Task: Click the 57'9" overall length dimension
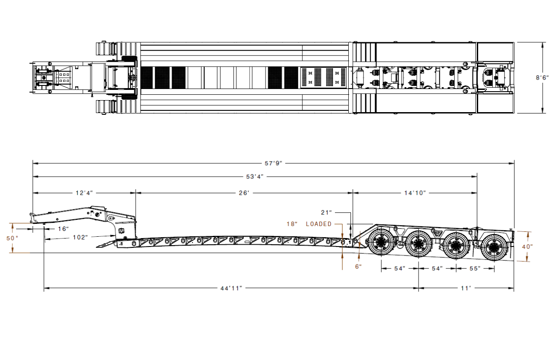click(274, 163)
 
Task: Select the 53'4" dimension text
click(255, 177)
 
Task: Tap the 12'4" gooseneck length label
click(84, 193)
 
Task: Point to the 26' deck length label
click(244, 193)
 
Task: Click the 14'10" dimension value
click(415, 193)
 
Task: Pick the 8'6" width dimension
click(542, 78)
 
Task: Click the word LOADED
click(319, 224)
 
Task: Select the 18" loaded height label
click(292, 224)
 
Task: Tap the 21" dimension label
click(326, 213)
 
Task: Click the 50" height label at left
click(12, 239)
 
